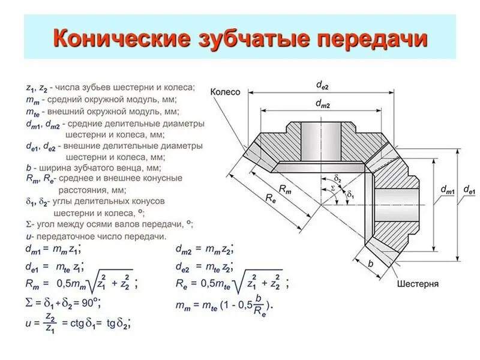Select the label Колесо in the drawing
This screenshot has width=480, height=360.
pos(226,92)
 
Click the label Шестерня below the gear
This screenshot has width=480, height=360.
pos(418,283)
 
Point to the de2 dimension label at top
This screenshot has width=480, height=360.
pos(323,86)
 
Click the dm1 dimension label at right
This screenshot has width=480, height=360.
pos(447,190)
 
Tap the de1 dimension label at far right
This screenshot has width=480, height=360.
pos(468,190)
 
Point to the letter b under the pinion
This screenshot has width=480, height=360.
pos(370,263)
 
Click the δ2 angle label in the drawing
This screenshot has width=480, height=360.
pos(338,179)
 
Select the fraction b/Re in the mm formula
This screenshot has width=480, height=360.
pos(258,305)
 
